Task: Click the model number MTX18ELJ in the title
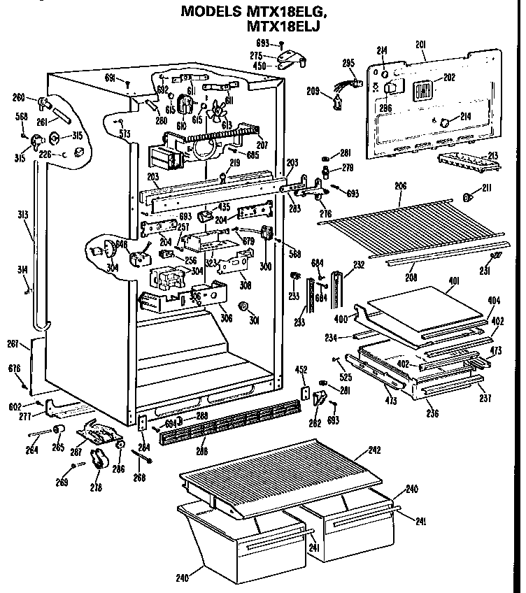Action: [288, 28]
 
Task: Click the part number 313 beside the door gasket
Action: [23, 215]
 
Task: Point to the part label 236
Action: [432, 413]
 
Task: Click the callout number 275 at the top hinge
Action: [257, 55]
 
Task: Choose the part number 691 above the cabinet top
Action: [110, 78]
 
